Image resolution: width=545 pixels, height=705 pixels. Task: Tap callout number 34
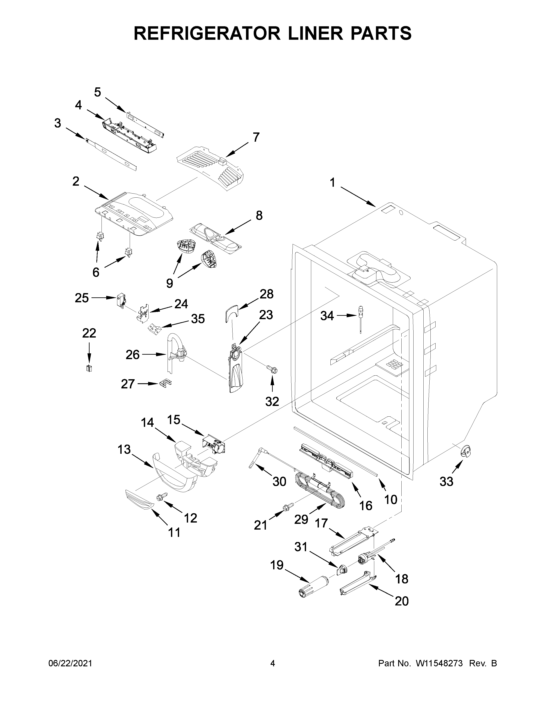[x=327, y=316]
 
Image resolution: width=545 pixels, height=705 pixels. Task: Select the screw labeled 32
[x=271, y=369]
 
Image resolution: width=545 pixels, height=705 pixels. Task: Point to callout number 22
[x=89, y=333]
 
